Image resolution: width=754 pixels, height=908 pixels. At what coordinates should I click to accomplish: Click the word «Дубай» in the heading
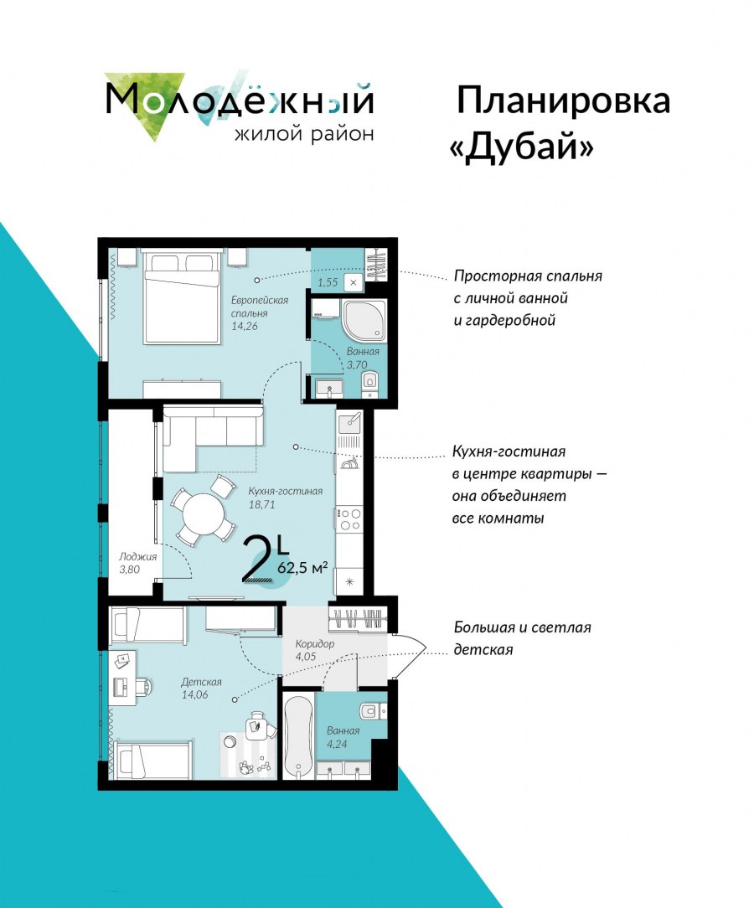point(522,147)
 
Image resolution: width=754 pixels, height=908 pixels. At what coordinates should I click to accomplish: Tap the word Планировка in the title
point(564,101)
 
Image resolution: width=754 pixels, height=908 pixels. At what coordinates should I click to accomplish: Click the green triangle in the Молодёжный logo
point(146,103)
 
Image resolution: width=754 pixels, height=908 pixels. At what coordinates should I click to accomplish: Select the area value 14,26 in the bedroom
point(245,326)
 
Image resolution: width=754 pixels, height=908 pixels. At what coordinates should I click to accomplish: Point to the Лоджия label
point(138,556)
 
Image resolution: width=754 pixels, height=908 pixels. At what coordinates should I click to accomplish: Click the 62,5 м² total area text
point(302,567)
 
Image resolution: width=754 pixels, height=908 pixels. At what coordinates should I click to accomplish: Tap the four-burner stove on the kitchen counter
point(350,518)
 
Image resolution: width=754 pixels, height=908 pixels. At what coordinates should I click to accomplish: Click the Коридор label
point(314,644)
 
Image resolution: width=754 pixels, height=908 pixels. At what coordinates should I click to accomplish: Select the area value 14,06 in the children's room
point(194,694)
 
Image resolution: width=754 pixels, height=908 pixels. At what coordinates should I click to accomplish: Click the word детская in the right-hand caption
point(483,650)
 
